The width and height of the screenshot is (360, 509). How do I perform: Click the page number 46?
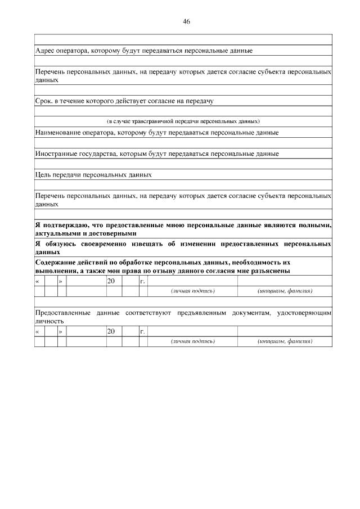[186, 21]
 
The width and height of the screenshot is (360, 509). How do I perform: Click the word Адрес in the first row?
[45, 51]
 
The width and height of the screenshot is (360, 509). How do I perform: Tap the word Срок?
[44, 101]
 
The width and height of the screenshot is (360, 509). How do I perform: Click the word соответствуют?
[149, 312]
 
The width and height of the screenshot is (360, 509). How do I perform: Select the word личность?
[49, 321]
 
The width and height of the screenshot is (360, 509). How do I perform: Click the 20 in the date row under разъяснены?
[111, 281]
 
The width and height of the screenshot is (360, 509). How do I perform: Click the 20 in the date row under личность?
[111, 332]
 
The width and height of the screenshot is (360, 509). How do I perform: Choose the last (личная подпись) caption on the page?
[193, 342]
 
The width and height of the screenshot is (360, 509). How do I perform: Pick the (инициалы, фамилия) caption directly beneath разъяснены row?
[285, 291]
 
